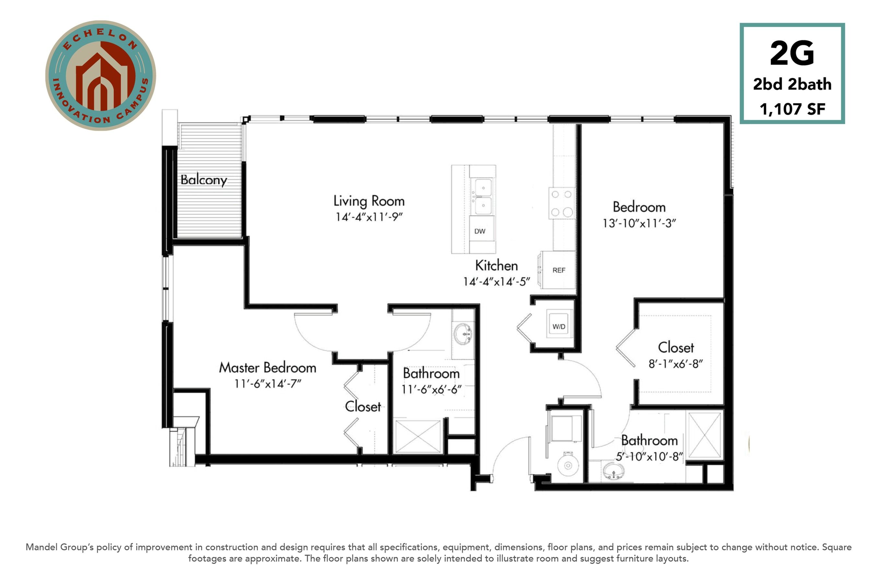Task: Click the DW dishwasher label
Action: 480,231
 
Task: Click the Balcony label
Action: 204,180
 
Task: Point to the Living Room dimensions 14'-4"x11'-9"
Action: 369,217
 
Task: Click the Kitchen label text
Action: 496,266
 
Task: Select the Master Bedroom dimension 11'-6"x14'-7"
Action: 268,384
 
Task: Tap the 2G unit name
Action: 792,53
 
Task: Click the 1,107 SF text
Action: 792,109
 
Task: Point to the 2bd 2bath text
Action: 792,84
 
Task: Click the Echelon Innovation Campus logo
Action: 101,75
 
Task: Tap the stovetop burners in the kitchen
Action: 562,203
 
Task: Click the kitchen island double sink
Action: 483,196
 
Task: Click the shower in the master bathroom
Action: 418,437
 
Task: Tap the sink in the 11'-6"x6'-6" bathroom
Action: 463,334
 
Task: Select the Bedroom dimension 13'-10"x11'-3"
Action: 639,223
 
